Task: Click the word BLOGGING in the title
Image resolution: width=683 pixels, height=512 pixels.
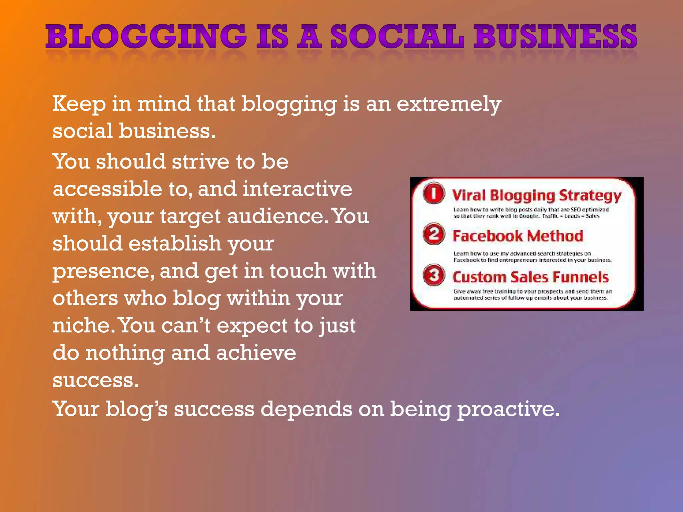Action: [146, 37]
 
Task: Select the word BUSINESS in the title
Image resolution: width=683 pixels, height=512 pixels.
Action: [556, 37]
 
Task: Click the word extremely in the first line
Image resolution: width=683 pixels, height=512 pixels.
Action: [449, 104]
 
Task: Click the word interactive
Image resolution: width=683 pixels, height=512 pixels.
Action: [297, 189]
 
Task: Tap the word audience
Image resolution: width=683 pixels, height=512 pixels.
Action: [275, 216]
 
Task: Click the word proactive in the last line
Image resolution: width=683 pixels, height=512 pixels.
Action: [508, 409]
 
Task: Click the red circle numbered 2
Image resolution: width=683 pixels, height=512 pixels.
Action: [434, 234]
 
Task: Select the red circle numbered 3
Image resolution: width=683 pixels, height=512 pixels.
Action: [434, 275]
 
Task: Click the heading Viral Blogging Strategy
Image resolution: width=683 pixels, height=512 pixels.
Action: [536, 195]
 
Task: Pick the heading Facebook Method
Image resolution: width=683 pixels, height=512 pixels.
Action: [518, 236]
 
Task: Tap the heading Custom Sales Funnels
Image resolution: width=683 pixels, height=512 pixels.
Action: [530, 277]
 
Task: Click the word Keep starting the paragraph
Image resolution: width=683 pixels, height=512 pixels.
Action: [79, 104]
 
